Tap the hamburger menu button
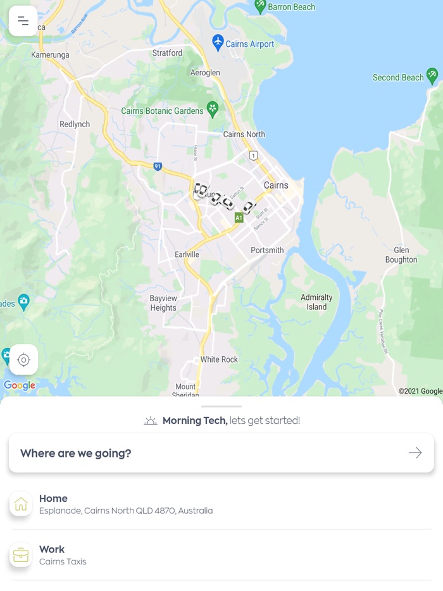coord(23,22)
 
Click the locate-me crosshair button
coord(23,360)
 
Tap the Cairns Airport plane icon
coord(218,43)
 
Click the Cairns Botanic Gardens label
coord(162,111)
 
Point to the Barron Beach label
coord(291,7)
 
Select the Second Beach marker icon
coord(432,77)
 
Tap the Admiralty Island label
coord(316,302)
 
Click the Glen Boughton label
coord(401,255)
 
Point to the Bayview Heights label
coord(163,303)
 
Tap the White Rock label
coord(219,359)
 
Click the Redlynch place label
coord(75,124)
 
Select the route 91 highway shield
coord(158,166)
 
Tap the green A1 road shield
coord(239,218)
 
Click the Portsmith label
coord(267,250)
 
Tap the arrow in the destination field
coord(415,453)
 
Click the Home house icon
coord(21,504)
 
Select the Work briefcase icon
coord(21,555)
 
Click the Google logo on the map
coord(20,385)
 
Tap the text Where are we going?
coord(76,453)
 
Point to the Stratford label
coord(167,53)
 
